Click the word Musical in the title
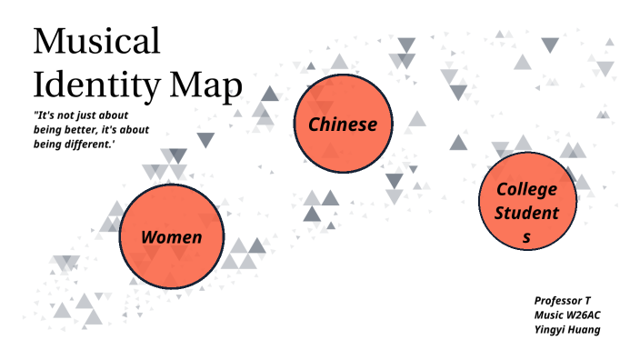(96, 43)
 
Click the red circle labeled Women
(171, 235)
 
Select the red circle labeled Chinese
(343, 125)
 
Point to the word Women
(171, 237)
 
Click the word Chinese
(343, 125)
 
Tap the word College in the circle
(526, 189)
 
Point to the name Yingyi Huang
(567, 329)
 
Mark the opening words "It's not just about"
(80, 115)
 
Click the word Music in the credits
(547, 315)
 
